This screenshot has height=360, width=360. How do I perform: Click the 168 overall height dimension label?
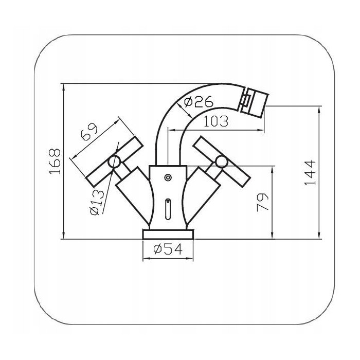click(x=55, y=161)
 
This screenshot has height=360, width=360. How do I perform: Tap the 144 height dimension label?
click(x=309, y=173)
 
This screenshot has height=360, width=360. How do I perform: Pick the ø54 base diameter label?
click(x=168, y=249)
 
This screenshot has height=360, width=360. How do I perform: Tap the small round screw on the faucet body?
click(x=168, y=178)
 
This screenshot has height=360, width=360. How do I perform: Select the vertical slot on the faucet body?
click(x=168, y=209)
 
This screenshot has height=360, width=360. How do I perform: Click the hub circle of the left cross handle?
click(x=115, y=163)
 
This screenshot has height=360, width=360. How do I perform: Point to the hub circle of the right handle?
click(x=221, y=162)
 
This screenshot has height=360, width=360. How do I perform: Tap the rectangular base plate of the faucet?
click(x=168, y=235)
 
